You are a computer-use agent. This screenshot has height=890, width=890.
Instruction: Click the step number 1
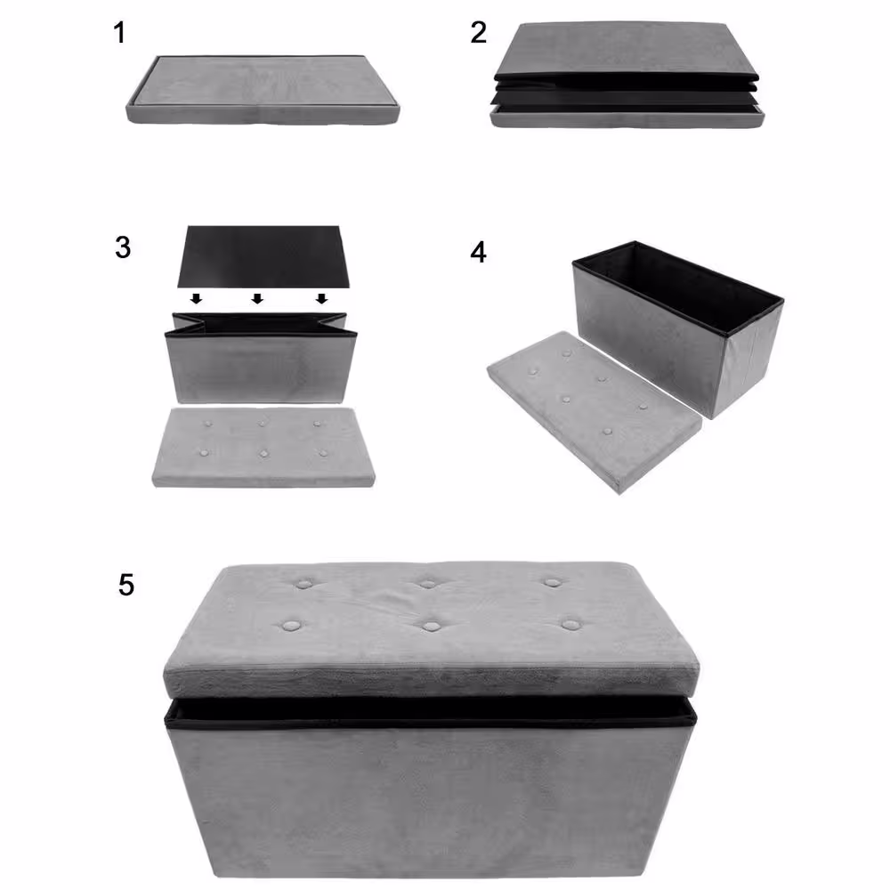(x=119, y=32)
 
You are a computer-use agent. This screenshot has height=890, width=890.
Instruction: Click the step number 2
(x=479, y=32)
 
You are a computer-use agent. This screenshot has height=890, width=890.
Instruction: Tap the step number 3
(x=123, y=247)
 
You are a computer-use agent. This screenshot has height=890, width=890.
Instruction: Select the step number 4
(x=479, y=253)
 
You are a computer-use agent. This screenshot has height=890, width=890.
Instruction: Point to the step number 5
(x=126, y=585)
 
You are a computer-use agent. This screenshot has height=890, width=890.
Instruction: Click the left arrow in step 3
(x=196, y=298)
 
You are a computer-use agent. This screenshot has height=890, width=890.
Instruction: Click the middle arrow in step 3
(x=257, y=298)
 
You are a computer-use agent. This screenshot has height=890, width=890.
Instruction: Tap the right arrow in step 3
(x=321, y=298)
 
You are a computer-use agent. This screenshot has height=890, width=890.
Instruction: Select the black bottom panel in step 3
(x=263, y=256)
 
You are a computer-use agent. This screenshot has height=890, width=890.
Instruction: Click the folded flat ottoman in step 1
(x=263, y=89)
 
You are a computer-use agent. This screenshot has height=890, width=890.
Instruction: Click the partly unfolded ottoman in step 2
(x=627, y=75)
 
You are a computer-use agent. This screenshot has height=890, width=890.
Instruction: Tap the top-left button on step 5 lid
(x=304, y=583)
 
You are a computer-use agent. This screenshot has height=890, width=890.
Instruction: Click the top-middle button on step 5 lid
(x=428, y=583)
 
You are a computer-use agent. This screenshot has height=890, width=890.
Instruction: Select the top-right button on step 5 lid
(x=552, y=582)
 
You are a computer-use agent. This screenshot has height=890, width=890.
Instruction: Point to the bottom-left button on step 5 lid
(x=291, y=626)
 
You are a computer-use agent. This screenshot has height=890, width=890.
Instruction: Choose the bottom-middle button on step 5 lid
(x=432, y=626)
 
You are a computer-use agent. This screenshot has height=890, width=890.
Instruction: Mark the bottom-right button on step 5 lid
(x=571, y=625)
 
